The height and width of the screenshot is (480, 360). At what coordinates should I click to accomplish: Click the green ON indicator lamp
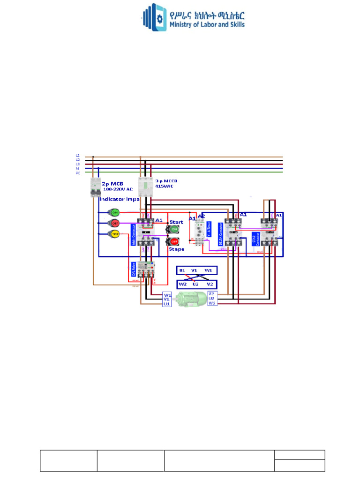pyautogui.click(x=114, y=213)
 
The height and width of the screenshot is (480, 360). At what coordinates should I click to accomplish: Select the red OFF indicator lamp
pyautogui.click(x=114, y=223)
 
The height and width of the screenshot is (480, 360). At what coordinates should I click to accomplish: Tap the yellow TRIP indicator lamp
pyautogui.click(x=114, y=234)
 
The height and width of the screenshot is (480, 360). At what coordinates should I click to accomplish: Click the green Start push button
pyautogui.click(x=173, y=229)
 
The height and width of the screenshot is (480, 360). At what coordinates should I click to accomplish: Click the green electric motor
pyautogui.click(x=189, y=299)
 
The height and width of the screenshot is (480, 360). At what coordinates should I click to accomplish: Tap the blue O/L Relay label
pyautogui.click(x=134, y=270)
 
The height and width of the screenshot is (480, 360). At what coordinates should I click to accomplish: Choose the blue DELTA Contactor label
pyautogui.click(x=221, y=234)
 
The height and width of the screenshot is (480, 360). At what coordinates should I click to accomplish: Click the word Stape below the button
pyautogui.click(x=176, y=249)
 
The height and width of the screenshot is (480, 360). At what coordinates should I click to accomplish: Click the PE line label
pyautogui.click(x=78, y=173)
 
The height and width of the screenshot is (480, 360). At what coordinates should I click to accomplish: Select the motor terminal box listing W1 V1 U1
pyautogui.click(x=167, y=299)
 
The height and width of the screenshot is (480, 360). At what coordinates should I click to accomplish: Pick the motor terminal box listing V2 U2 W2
pyautogui.click(x=212, y=298)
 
